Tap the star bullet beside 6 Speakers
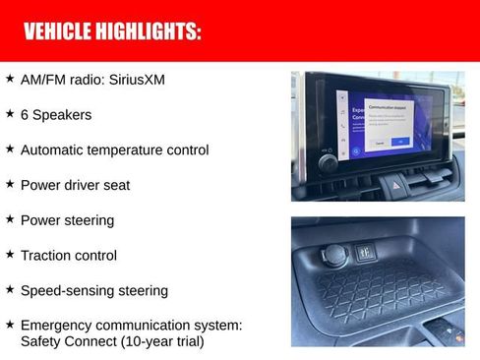(x=10, y=114)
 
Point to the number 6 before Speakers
(x=26, y=115)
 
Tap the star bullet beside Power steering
(x=10, y=219)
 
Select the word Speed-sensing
(x=65, y=291)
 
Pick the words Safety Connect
(x=63, y=342)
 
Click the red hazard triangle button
(x=397, y=184)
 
